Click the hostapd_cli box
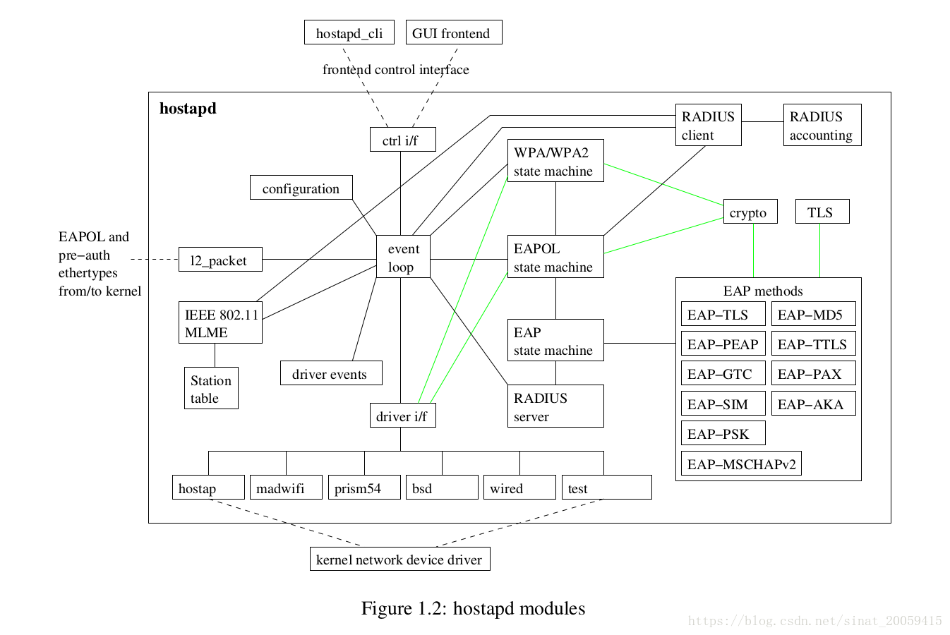coord(349,32)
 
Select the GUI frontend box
coord(453,32)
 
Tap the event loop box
coord(403,257)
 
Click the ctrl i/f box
coord(402,140)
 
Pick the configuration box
coord(301,188)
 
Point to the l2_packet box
coord(220,260)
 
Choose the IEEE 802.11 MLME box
coord(220,323)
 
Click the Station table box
coord(210,388)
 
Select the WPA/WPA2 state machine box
coord(555,161)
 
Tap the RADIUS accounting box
coord(822,126)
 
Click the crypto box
coord(750,212)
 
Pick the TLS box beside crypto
coord(822,212)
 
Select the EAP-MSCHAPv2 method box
coord(741,464)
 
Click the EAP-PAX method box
coord(813,373)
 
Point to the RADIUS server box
coord(555,406)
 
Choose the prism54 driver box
coord(363,488)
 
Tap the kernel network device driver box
coord(399,559)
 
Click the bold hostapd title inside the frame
coord(188,109)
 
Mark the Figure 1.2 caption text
coord(473,608)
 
